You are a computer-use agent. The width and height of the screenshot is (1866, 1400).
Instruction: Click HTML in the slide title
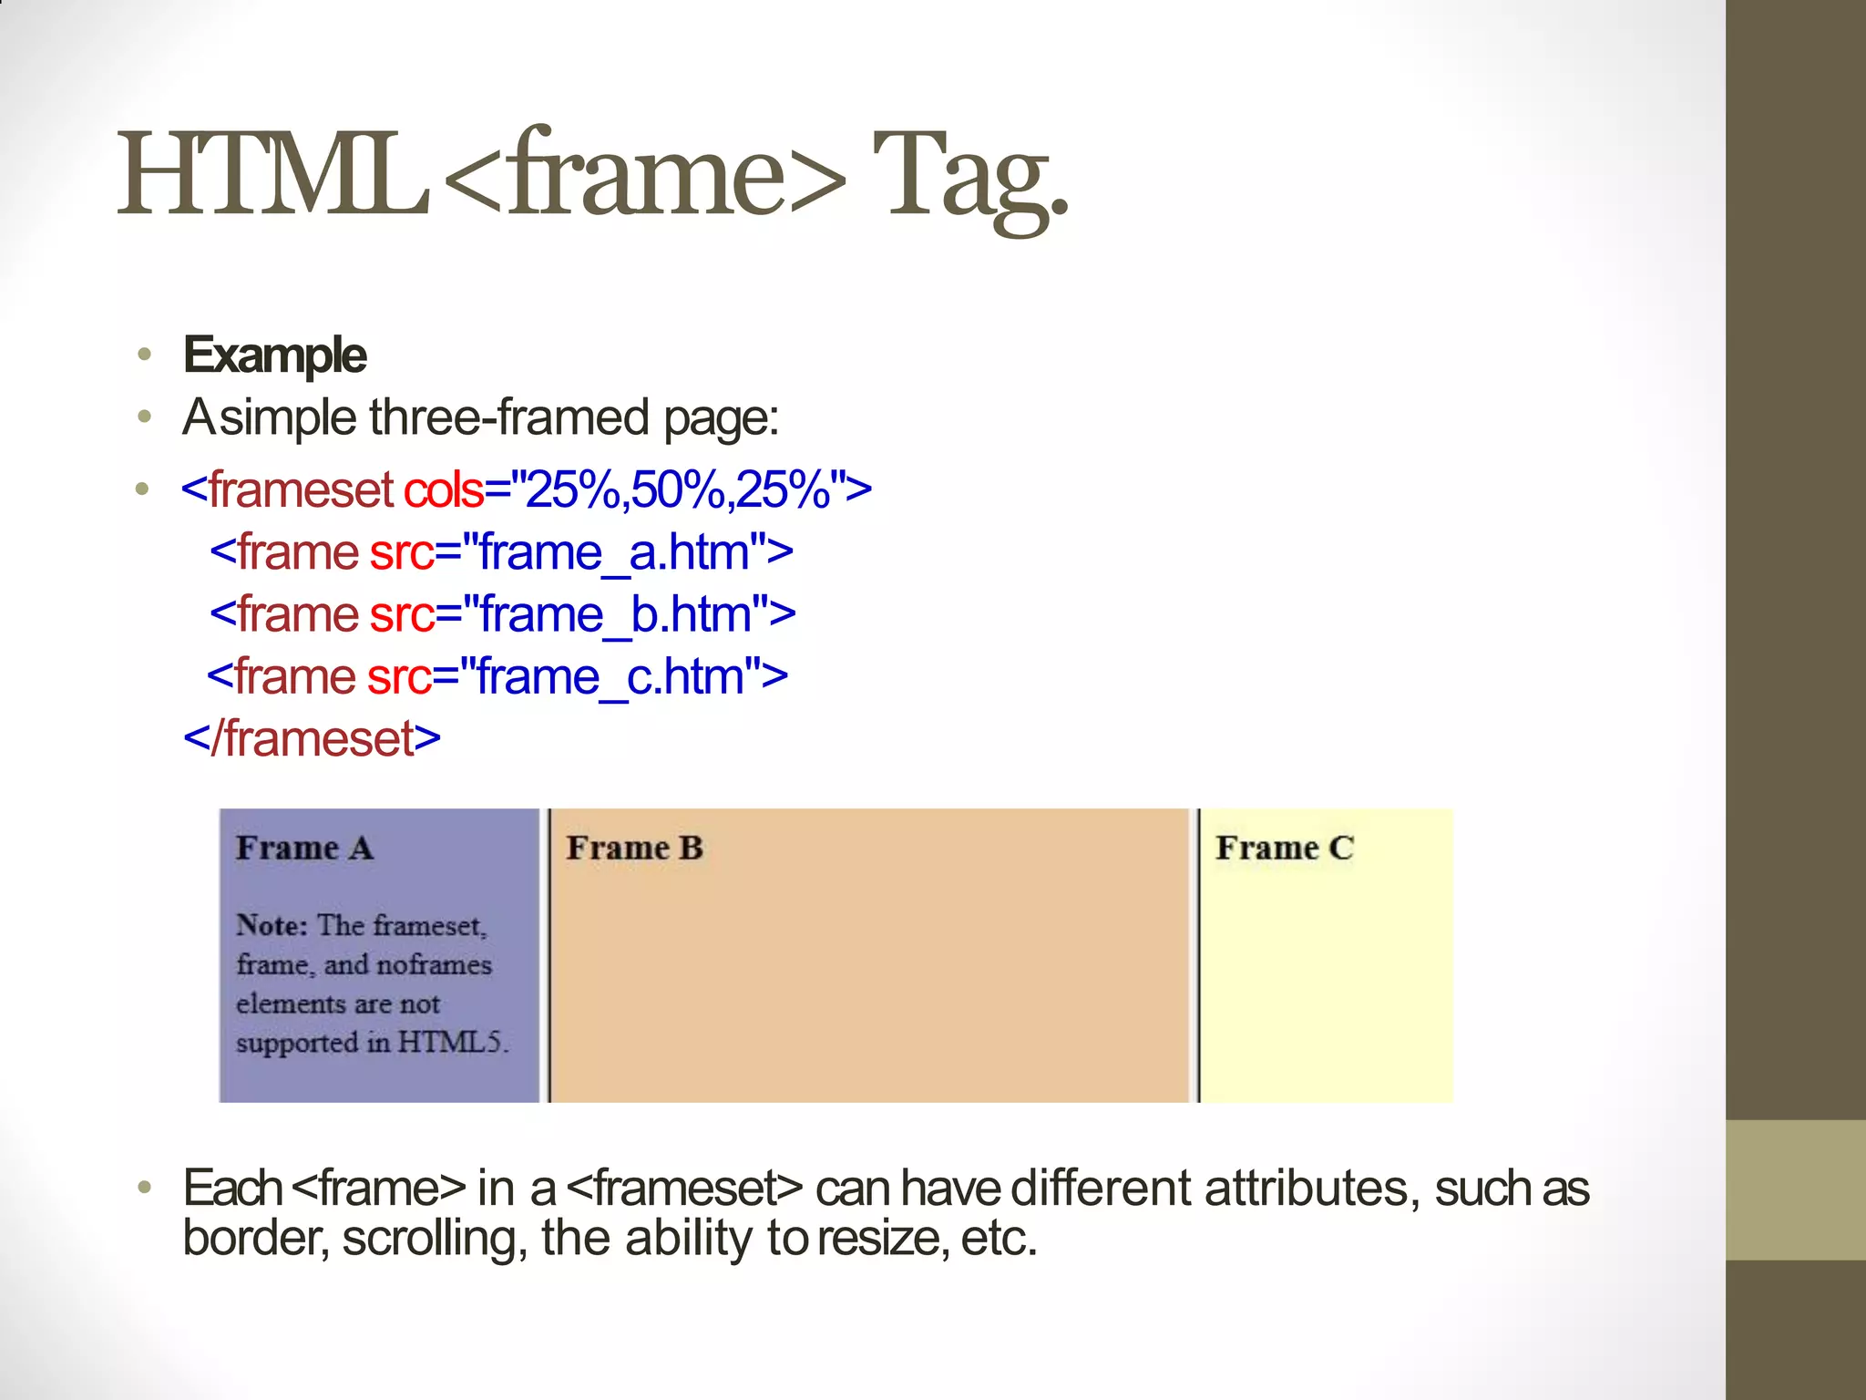[x=273, y=175]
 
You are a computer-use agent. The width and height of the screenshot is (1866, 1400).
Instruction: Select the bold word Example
[x=275, y=355]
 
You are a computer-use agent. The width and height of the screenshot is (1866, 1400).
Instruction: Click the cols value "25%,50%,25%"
[x=678, y=489]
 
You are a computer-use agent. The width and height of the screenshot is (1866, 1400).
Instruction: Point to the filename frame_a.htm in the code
[x=614, y=552]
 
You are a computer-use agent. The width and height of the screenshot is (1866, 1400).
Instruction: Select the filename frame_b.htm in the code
[x=616, y=614]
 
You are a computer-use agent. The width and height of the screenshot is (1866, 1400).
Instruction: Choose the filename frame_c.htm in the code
[x=610, y=677]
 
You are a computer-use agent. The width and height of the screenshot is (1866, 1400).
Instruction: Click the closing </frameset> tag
[x=312, y=738]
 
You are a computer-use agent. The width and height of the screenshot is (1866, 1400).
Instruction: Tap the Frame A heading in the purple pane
[x=304, y=849]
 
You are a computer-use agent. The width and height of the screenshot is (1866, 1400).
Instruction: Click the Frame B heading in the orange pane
[x=634, y=849]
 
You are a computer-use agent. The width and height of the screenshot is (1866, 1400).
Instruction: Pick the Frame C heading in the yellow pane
[x=1284, y=849]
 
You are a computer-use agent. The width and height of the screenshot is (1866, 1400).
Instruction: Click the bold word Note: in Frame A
[x=272, y=926]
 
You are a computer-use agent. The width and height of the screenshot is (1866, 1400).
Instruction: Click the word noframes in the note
[x=435, y=965]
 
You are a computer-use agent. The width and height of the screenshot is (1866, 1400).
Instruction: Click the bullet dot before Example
[x=144, y=355]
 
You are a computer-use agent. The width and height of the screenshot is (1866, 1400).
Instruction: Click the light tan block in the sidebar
[x=1795, y=1190]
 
